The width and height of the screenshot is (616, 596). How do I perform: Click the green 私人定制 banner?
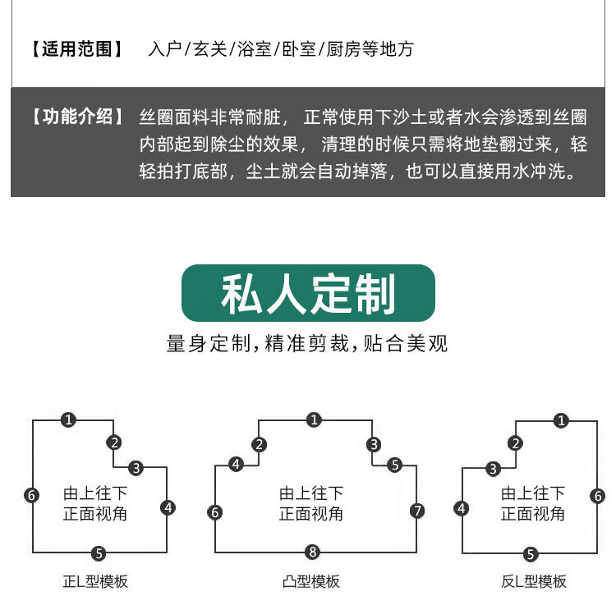(308, 293)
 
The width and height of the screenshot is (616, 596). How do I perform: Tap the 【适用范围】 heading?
(78, 49)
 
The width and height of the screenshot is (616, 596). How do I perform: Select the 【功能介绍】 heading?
(78, 117)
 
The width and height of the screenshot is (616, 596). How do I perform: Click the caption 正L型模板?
(95, 581)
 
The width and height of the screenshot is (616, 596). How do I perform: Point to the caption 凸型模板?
(311, 581)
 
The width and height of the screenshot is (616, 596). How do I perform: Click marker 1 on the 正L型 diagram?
(69, 419)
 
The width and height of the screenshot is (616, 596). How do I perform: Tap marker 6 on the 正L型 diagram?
(31, 495)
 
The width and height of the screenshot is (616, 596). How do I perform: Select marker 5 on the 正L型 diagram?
(99, 552)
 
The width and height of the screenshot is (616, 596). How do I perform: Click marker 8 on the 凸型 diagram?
(312, 551)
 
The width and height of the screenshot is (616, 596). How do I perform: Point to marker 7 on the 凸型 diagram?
(417, 511)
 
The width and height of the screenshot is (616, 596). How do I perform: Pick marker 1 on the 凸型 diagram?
(313, 420)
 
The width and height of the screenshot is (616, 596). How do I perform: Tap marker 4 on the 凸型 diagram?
(237, 465)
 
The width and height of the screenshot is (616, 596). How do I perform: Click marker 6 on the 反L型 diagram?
(598, 496)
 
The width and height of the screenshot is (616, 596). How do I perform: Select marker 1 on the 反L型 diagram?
(561, 421)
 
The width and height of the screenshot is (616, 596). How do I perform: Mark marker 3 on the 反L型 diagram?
(494, 470)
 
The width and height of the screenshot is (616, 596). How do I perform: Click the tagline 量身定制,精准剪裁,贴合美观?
(308, 343)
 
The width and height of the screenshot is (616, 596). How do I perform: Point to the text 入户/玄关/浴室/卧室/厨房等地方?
(281, 49)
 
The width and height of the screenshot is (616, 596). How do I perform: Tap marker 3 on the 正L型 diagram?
(136, 469)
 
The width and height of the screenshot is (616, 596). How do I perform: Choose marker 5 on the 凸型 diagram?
(394, 465)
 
